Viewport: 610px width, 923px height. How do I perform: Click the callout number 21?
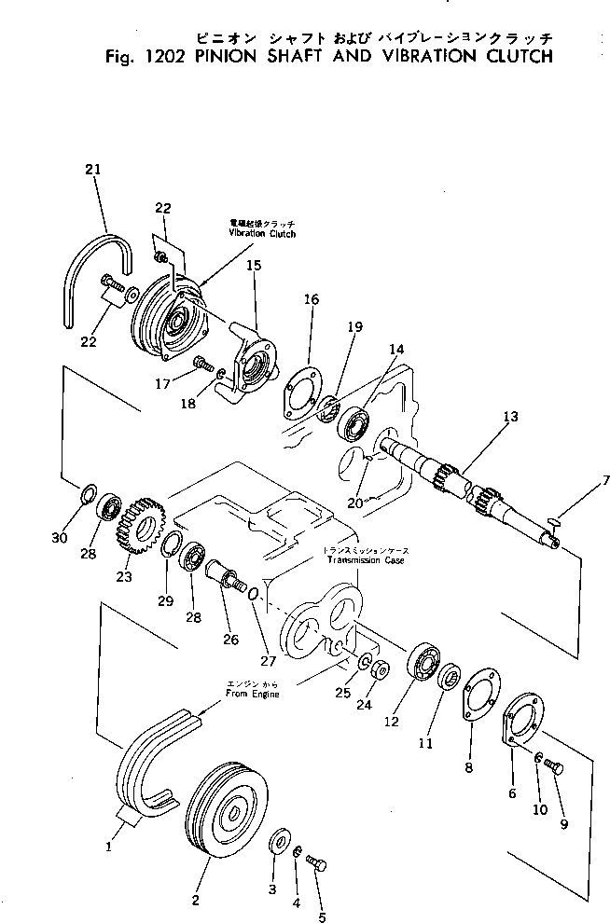(x=90, y=169)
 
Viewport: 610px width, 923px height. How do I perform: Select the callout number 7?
(x=579, y=480)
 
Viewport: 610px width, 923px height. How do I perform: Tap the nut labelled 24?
(x=381, y=669)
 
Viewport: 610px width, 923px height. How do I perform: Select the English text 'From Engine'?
(x=252, y=696)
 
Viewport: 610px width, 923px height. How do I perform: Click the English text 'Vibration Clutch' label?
(x=262, y=233)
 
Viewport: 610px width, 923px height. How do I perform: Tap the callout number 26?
(x=230, y=640)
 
